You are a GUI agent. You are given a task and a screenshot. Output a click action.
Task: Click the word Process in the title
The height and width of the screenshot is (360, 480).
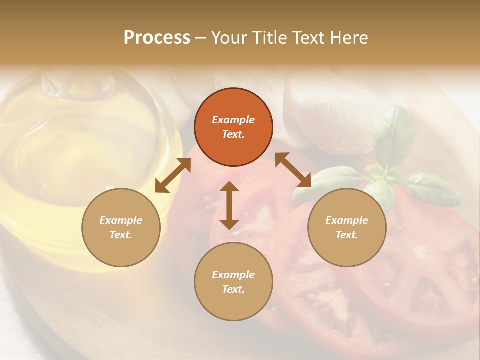click(157, 38)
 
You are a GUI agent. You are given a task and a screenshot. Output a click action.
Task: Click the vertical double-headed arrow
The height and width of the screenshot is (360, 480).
click(229, 205)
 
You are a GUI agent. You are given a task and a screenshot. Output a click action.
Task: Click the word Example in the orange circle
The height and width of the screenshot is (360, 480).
click(233, 120)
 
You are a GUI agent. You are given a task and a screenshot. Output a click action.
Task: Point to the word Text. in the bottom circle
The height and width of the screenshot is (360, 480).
click(233, 289)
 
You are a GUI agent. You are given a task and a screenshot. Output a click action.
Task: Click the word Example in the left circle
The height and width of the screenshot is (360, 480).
click(121, 220)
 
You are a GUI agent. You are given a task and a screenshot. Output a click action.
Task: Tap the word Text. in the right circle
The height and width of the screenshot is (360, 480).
click(347, 235)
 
